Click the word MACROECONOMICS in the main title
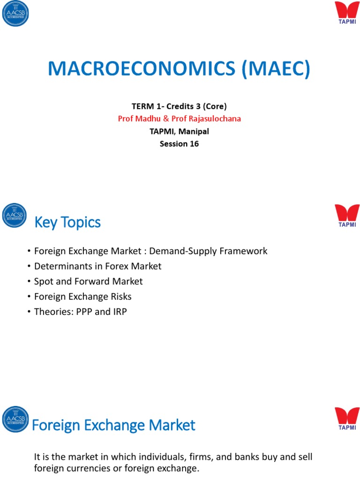(142, 68)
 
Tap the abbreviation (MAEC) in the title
(276, 68)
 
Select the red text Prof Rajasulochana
(206, 119)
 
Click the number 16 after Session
(194, 143)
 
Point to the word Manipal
(194, 131)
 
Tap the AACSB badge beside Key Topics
(15, 215)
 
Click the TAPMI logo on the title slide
(347, 13)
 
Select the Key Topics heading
(67, 222)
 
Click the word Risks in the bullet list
(121, 296)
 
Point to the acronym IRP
(120, 312)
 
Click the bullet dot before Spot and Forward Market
(29, 282)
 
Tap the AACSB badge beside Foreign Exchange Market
(15, 419)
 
